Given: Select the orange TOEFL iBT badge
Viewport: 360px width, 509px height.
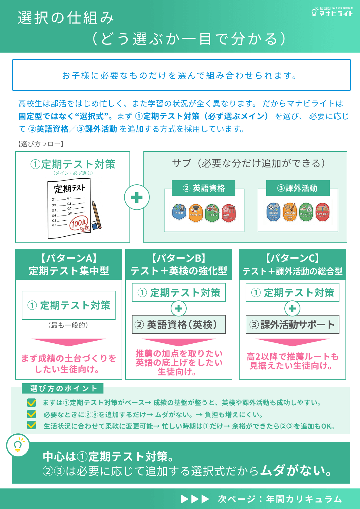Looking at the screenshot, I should [x=196, y=213].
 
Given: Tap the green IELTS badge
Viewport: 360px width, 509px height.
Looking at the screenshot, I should [x=212, y=213].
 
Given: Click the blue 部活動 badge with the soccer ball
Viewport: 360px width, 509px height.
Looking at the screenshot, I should [x=273, y=212].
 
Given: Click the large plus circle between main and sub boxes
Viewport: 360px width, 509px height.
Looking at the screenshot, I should [x=137, y=197].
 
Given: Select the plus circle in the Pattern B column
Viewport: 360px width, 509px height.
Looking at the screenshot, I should [x=178, y=309].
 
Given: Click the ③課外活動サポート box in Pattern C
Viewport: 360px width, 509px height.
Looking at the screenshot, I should [x=292, y=324].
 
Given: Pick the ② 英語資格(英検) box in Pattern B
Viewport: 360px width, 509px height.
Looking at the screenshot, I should [x=178, y=324].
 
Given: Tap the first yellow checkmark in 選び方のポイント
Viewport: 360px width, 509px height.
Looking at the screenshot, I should [x=31, y=403].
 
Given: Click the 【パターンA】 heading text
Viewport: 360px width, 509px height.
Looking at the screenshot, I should [x=69, y=258].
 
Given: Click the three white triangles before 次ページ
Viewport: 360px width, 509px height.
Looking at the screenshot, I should [x=195, y=499].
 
